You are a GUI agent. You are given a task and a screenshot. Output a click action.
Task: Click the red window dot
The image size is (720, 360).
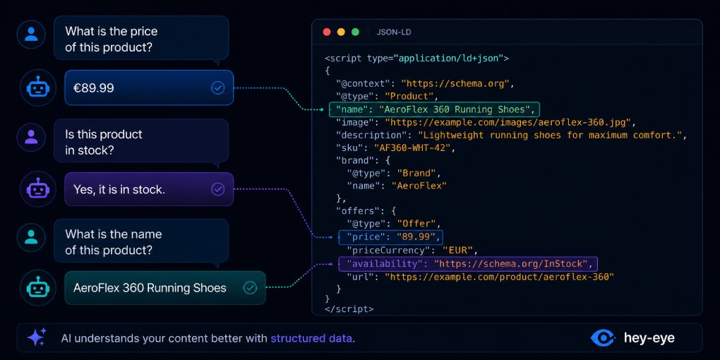pyautogui.click(x=327, y=32)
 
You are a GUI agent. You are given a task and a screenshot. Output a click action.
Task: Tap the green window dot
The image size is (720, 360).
pyautogui.click(x=355, y=32)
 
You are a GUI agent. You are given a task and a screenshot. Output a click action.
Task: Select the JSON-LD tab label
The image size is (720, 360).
pyautogui.click(x=394, y=32)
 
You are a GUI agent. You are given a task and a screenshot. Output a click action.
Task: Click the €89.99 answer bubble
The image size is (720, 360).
pyautogui.click(x=149, y=88)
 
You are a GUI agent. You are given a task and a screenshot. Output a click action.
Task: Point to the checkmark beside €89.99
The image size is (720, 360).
pyautogui.click(x=217, y=88)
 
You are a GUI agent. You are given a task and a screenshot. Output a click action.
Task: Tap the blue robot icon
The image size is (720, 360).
pyautogui.click(x=37, y=88)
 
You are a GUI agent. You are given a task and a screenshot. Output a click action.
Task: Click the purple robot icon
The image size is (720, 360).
pyautogui.click(x=37, y=188)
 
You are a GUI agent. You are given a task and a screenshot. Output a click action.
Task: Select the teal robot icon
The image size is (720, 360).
pyautogui.click(x=37, y=288)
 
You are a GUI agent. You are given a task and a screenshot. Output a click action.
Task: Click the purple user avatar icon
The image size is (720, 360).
pyautogui.click(x=31, y=137)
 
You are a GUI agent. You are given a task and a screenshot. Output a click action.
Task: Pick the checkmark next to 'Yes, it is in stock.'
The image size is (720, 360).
pyautogui.click(x=217, y=188)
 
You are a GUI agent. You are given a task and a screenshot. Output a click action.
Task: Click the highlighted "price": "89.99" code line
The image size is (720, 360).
pyautogui.click(x=391, y=237)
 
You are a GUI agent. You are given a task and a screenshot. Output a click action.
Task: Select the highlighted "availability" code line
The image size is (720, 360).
pyautogui.click(x=468, y=263)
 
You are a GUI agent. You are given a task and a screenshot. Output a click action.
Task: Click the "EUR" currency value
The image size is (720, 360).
pyautogui.click(x=457, y=251)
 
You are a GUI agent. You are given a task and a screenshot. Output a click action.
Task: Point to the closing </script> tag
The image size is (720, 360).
pyautogui.click(x=349, y=309)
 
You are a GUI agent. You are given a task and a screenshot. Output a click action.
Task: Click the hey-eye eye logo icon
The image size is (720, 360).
pyautogui.click(x=603, y=338)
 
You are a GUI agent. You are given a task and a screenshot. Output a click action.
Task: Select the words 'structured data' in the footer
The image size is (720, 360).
pyautogui.click(x=311, y=339)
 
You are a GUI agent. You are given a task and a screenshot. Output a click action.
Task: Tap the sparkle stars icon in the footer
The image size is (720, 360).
pyautogui.click(x=37, y=337)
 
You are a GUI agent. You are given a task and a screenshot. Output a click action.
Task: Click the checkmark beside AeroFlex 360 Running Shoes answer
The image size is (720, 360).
pyautogui.click(x=250, y=288)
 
